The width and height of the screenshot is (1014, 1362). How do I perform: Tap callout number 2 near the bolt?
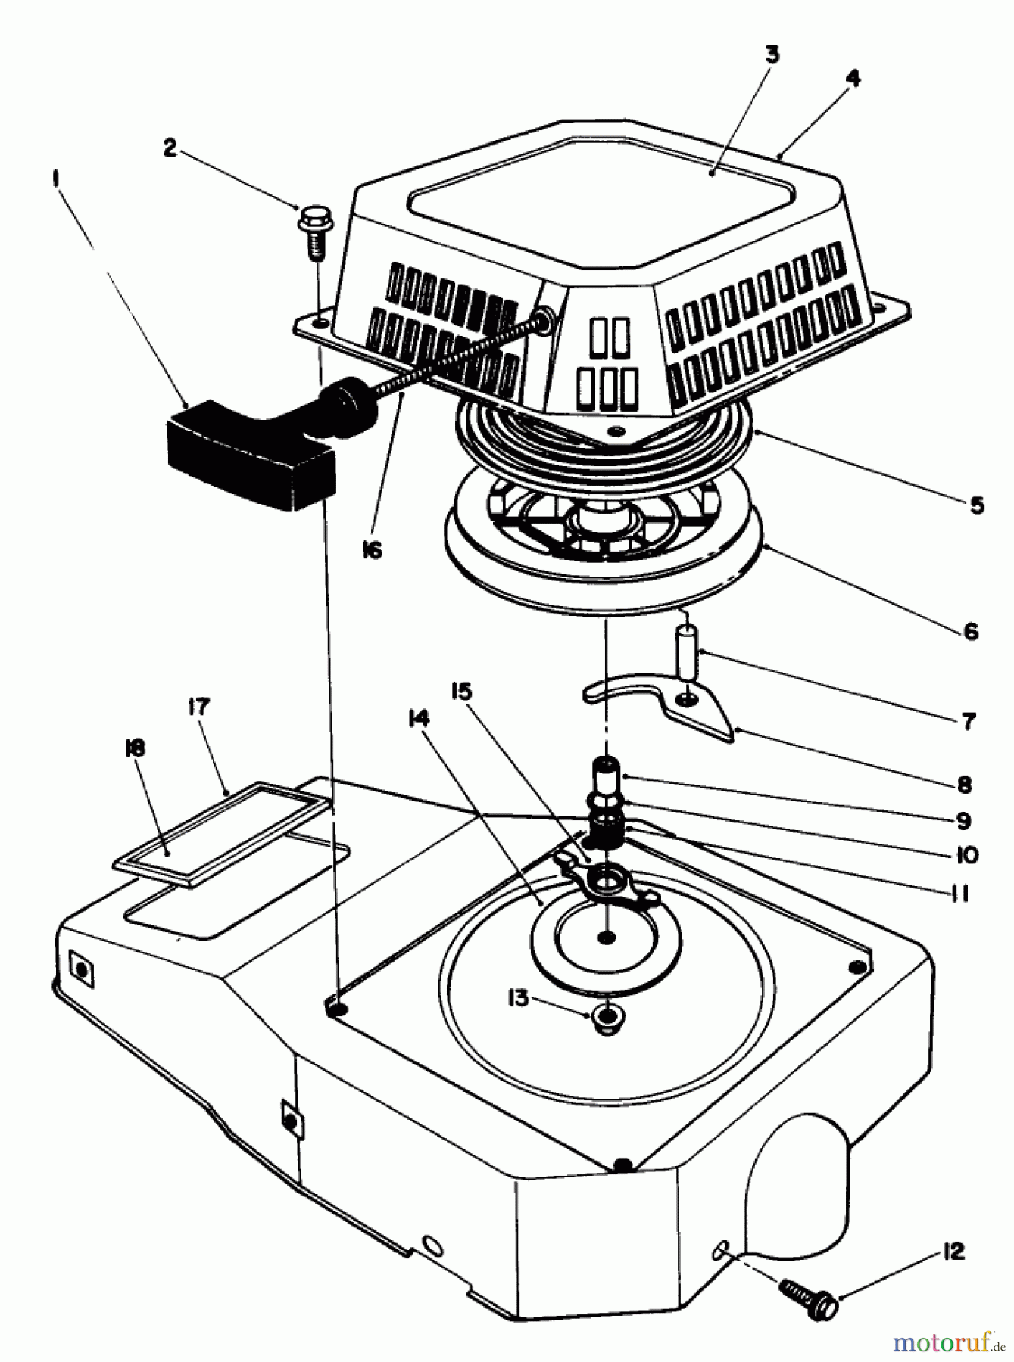[x=170, y=148]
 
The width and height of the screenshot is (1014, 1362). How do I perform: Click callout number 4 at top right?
[x=853, y=79]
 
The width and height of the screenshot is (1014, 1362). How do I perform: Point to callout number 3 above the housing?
[x=771, y=55]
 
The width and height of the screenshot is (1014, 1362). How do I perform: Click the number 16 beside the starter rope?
[x=371, y=550]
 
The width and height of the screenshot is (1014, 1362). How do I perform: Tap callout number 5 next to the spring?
[x=976, y=505]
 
